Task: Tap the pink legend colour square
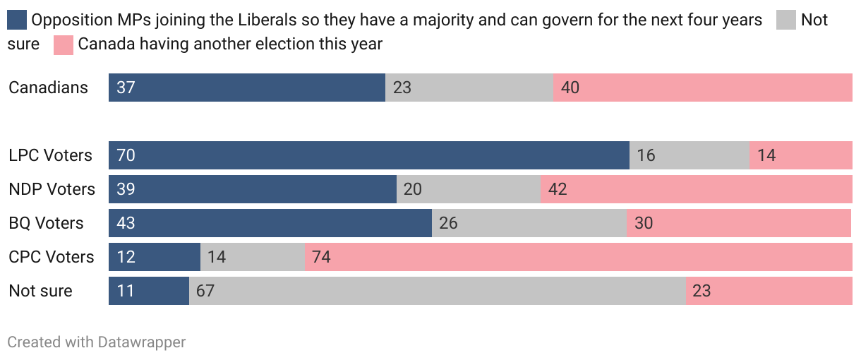pyautogui.click(x=63, y=44)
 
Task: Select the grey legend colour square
pyautogui.click(x=786, y=20)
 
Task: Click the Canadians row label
pyautogui.click(x=49, y=88)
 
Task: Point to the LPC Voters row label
pyautogui.click(x=50, y=155)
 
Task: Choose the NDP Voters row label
pyautogui.click(x=52, y=189)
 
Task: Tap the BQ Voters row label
pyautogui.click(x=46, y=223)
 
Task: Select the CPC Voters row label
pyautogui.click(x=51, y=257)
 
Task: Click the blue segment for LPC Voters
pyautogui.click(x=368, y=155)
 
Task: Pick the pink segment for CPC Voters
pyautogui.click(x=579, y=257)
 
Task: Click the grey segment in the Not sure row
pyautogui.click(x=438, y=291)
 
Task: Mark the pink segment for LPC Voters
pyautogui.click(x=801, y=155)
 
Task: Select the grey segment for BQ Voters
pyautogui.click(x=529, y=223)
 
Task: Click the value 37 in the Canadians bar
pyautogui.click(x=126, y=88)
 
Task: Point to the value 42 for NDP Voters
pyautogui.click(x=558, y=189)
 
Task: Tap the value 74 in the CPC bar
pyautogui.click(x=321, y=257)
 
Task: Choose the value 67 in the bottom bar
pyautogui.click(x=205, y=291)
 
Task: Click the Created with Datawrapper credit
pyautogui.click(x=97, y=342)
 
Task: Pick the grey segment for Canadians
pyautogui.click(x=469, y=88)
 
